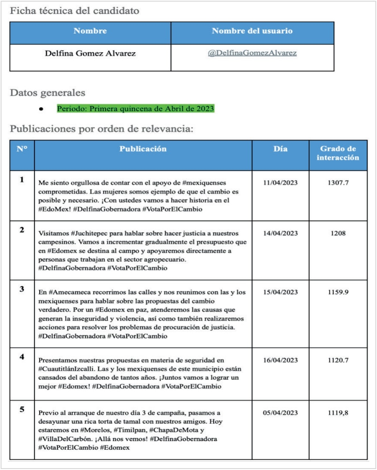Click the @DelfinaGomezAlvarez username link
[252, 53]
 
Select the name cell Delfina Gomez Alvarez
[90, 53]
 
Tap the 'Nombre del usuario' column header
[252, 31]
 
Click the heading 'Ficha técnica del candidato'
[74, 11]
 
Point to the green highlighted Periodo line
[135, 109]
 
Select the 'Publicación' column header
[143, 149]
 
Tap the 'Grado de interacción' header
[338, 153]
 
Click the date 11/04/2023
[280, 183]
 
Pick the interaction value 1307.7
[338, 183]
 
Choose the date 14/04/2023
[280, 233]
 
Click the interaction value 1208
[338, 233]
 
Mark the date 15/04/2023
[280, 292]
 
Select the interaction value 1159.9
[338, 292]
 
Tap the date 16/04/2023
[280, 360]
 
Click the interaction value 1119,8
[338, 413]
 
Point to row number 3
[22, 289]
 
